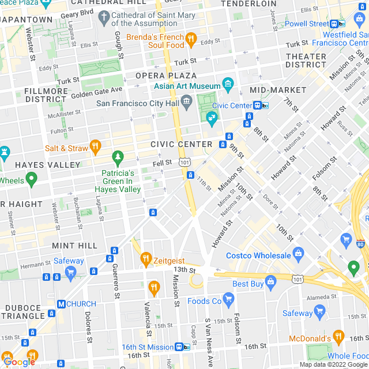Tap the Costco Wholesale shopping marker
click(x=298, y=253)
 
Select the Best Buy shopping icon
click(x=271, y=281)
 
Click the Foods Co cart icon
click(x=229, y=298)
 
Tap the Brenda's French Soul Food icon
click(x=191, y=40)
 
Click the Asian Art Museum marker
click(x=228, y=84)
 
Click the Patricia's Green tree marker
click(x=118, y=157)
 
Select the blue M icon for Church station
click(x=61, y=304)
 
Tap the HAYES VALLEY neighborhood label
click(x=48, y=165)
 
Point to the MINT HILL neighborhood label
click(x=74, y=246)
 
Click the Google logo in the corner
click(x=19, y=362)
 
